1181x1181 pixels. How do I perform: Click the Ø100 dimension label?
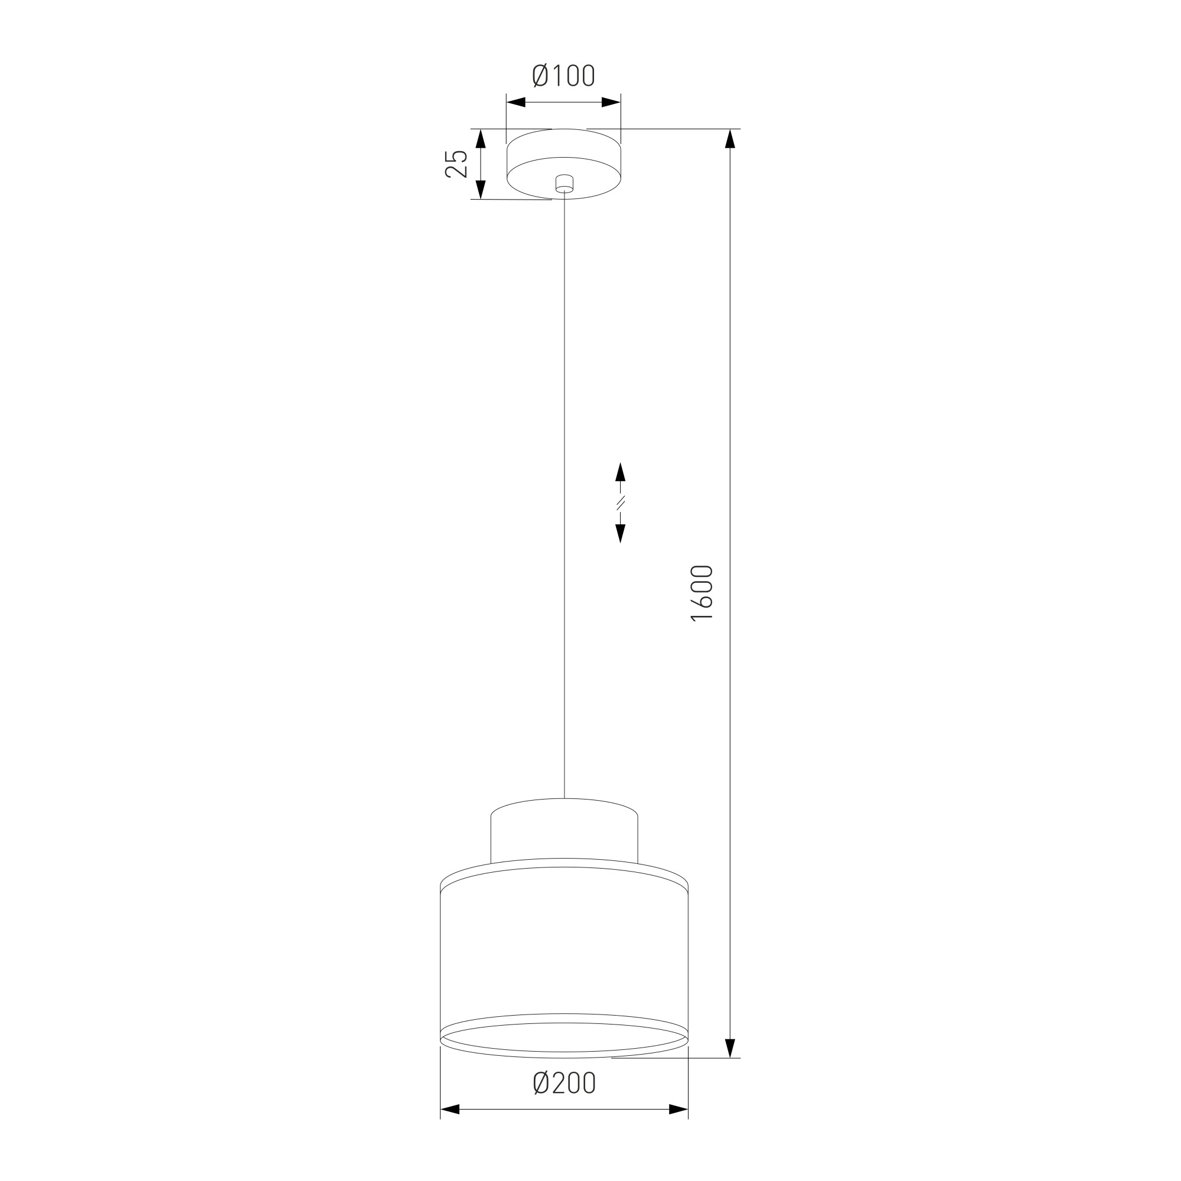click(563, 76)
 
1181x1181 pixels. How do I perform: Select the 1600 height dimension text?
click(702, 593)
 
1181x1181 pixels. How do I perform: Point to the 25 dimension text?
click(456, 163)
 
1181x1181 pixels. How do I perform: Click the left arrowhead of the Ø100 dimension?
click(516, 102)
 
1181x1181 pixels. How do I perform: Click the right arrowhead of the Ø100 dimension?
click(611, 102)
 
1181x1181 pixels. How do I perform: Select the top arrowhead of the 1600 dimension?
click(729, 139)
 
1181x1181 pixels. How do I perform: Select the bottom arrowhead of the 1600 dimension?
click(729, 1048)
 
